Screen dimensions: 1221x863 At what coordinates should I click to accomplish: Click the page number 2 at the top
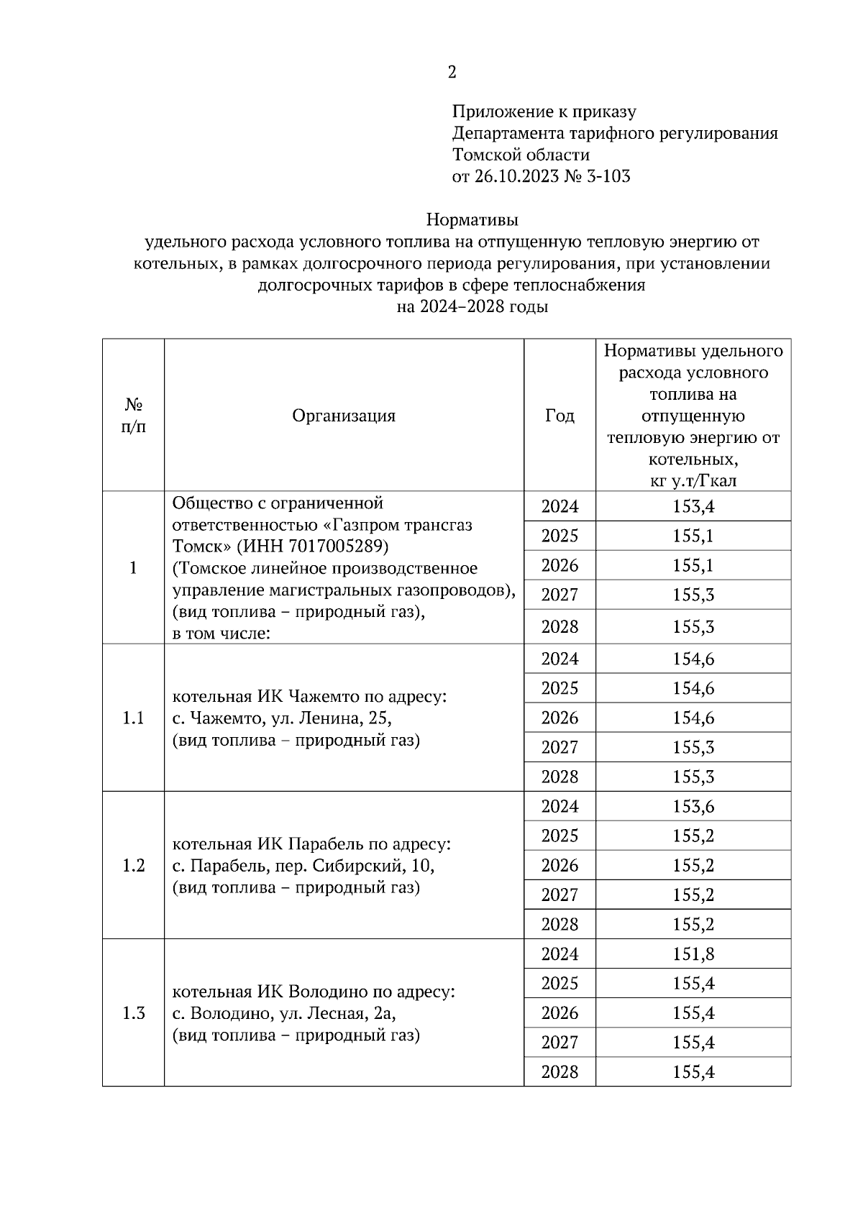[x=452, y=72]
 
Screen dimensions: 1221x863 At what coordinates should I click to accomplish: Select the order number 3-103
[x=608, y=177]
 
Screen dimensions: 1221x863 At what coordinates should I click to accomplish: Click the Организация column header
[x=344, y=416]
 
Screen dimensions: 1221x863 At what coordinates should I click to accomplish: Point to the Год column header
[x=560, y=416]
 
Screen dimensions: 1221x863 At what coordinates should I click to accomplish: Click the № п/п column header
[x=133, y=416]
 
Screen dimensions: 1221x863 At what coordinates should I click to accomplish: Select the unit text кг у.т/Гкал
[x=693, y=481]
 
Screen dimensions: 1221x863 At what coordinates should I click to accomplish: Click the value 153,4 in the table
[x=693, y=507]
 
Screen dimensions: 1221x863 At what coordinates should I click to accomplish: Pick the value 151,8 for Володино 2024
[x=693, y=954]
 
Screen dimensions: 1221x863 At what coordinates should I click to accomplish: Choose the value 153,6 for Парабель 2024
[x=693, y=807]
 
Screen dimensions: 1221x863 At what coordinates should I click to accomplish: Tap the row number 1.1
[x=133, y=718]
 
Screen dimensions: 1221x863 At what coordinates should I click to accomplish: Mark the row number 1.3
[x=133, y=1013]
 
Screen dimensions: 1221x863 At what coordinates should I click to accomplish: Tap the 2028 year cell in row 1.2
[x=560, y=925]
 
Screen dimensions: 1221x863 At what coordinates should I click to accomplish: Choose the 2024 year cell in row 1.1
[x=560, y=659]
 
